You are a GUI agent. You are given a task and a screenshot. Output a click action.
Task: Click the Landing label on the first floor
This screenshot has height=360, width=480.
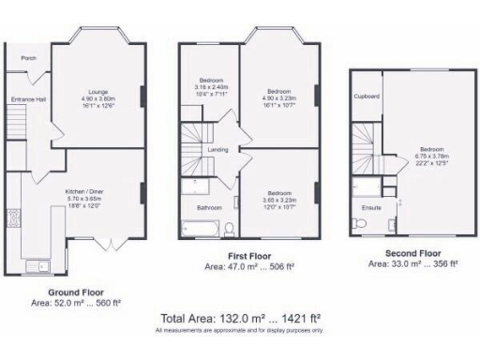[x=217, y=150]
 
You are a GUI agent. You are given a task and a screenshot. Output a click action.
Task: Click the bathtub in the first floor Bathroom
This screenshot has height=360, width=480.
[x=199, y=226]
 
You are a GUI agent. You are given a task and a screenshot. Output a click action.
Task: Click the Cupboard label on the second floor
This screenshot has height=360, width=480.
[x=366, y=96]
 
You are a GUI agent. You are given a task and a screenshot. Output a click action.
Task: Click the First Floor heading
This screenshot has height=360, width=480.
[x=249, y=255]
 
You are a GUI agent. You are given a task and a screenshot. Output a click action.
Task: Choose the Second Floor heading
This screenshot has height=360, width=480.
[x=412, y=253]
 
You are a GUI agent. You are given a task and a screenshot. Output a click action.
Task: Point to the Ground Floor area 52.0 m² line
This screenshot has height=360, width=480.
[x=76, y=303]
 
